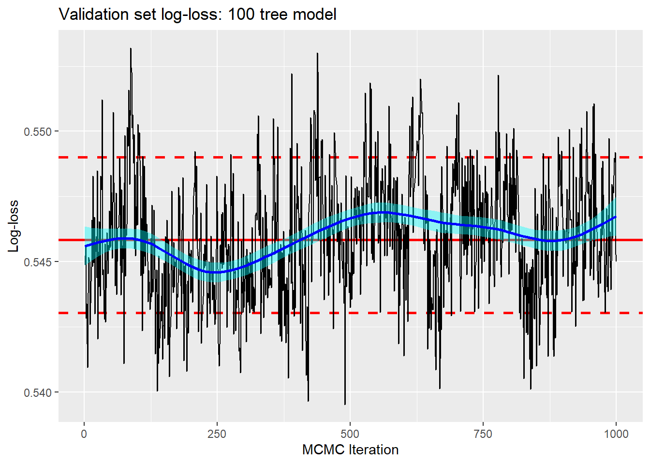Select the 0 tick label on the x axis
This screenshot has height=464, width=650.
coord(84,434)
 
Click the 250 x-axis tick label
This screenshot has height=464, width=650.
coord(217,434)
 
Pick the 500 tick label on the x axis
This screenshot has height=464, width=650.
coord(350,434)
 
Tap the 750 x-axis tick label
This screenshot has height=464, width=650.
coord(483,434)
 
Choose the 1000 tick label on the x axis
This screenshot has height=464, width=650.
coord(616,434)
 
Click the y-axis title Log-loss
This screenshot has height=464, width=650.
coord(14,226)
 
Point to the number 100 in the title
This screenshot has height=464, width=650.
coord(241,14)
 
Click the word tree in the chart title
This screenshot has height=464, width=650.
coord(274,14)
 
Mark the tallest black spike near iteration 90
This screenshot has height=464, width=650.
coord(131,49)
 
